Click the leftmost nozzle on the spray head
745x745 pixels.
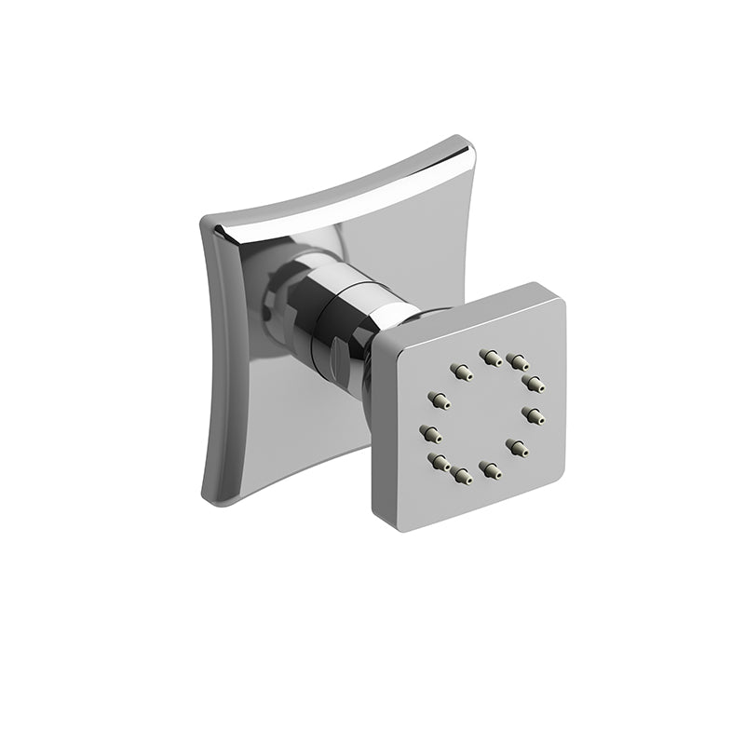coord(430,433)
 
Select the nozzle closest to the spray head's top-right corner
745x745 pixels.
coord(535,383)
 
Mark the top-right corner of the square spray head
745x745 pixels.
coord(560,288)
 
